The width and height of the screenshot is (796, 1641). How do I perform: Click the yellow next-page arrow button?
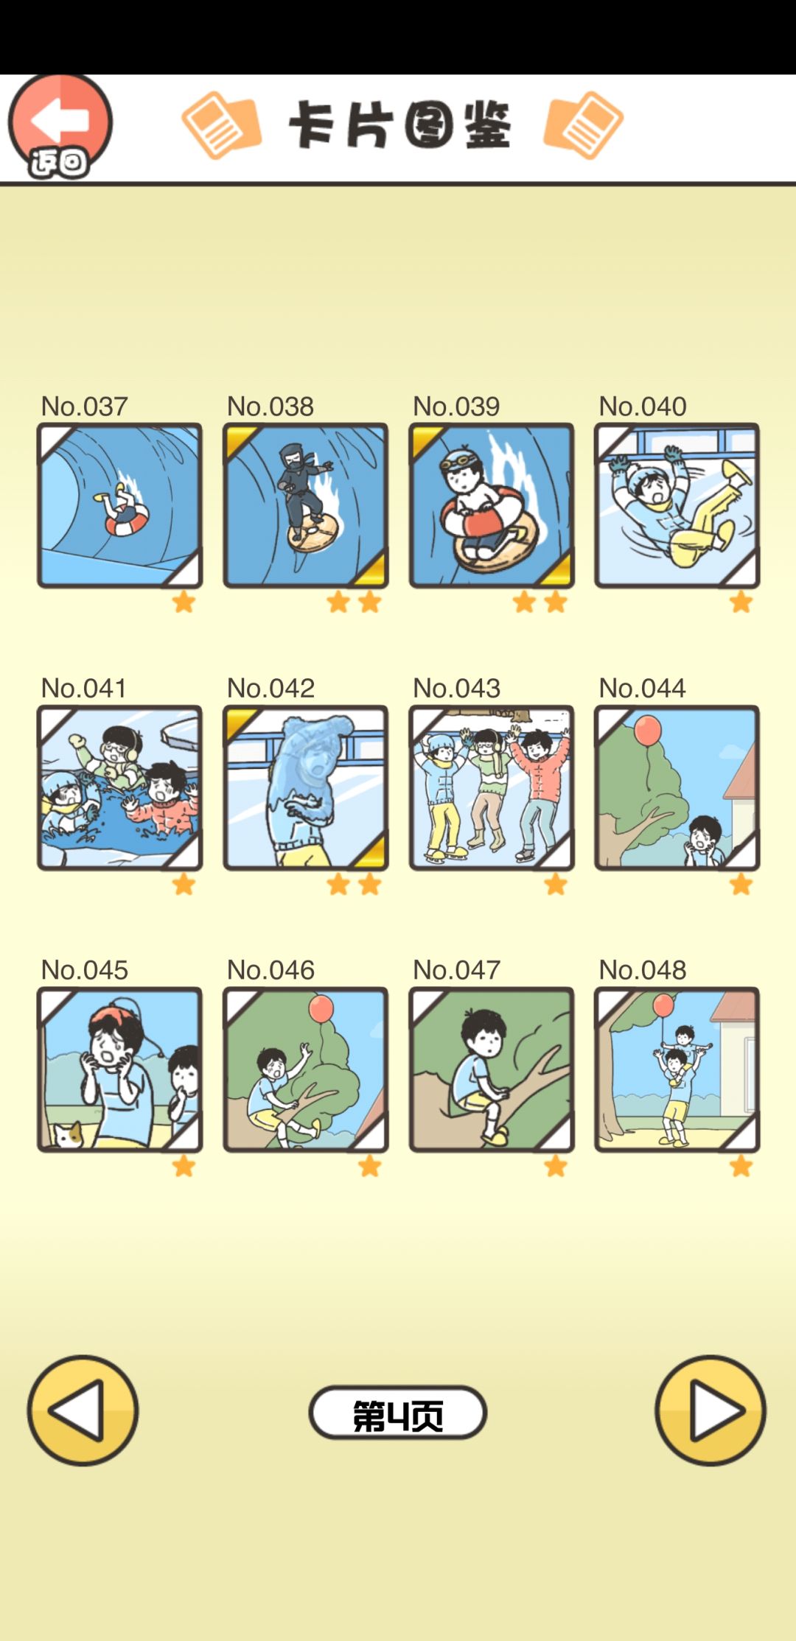[x=711, y=1410]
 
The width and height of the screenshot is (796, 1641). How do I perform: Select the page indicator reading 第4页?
[x=398, y=1412]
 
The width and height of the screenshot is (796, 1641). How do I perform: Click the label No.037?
[x=84, y=406]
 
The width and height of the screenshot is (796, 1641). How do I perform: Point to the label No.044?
[x=642, y=688]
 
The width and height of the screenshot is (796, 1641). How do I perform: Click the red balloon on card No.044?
[x=647, y=729]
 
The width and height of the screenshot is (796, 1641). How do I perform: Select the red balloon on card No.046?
[x=321, y=1008]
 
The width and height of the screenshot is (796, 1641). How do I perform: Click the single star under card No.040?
[x=741, y=602]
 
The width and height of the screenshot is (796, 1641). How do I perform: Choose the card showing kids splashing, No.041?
[x=119, y=787]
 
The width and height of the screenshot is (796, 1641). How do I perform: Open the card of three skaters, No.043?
[x=492, y=787]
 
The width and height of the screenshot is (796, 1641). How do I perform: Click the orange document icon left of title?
[x=221, y=125]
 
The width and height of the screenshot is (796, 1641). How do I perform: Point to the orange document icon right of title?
[x=583, y=125]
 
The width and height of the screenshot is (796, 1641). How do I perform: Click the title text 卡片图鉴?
[x=399, y=125]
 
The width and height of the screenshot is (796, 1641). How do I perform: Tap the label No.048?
[x=642, y=970]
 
